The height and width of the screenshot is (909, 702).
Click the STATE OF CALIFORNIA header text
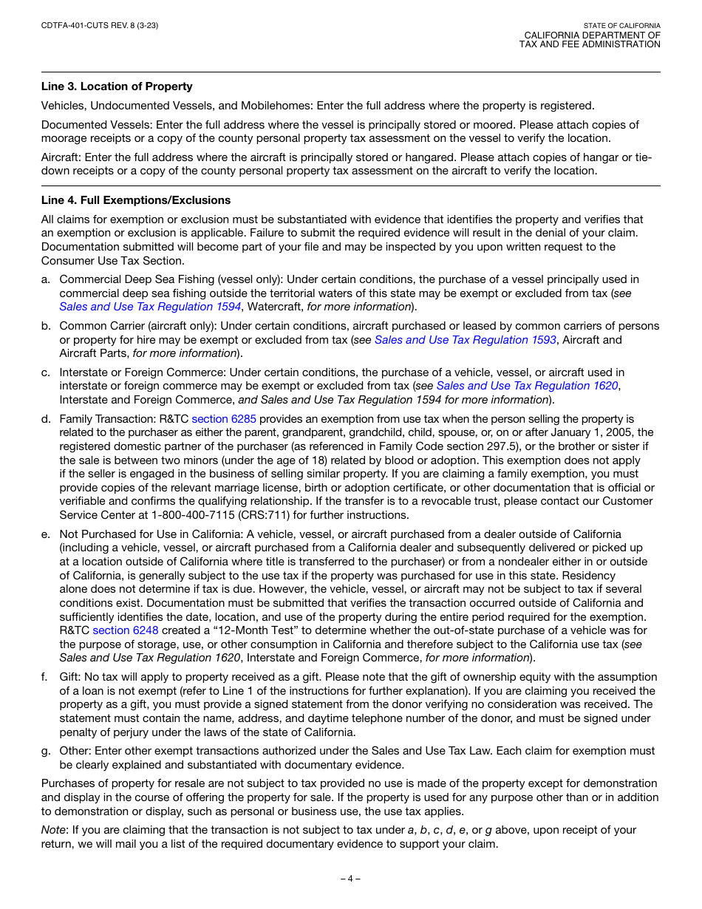621,26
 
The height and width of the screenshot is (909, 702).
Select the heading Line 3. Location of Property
117,86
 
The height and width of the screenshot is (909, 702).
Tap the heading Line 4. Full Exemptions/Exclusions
136,200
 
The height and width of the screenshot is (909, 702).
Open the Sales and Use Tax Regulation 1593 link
462,340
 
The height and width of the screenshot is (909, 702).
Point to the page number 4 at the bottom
350,879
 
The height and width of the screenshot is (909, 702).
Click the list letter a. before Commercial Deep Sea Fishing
46,279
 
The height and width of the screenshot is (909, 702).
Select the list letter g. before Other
46,751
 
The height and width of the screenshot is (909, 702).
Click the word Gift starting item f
70,677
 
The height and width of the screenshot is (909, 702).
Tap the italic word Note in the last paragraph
53,830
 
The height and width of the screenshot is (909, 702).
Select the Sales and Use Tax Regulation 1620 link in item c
528,386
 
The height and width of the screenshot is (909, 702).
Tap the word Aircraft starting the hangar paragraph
61,157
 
